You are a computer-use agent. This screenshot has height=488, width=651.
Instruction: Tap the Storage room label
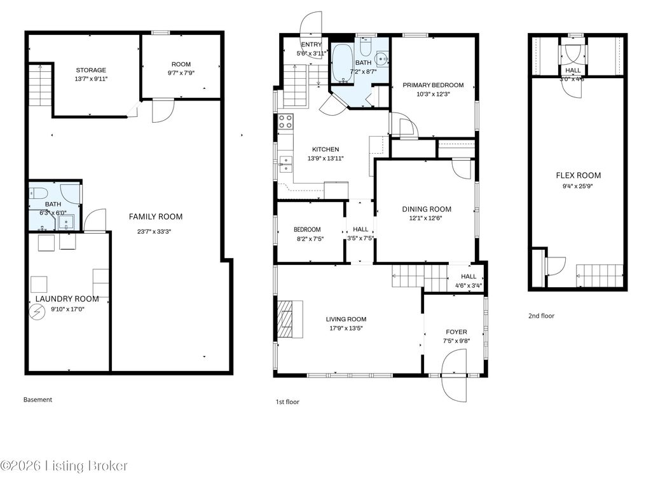[x=91, y=70]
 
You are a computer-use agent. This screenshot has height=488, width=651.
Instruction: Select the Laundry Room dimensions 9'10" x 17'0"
[x=67, y=309]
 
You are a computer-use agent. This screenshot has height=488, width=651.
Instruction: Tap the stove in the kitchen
[x=285, y=121]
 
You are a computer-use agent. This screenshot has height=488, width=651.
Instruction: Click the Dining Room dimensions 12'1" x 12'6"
[x=426, y=219]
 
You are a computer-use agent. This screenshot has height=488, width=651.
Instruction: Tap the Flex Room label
[x=578, y=175]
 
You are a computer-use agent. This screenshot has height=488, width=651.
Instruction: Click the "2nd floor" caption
[x=541, y=316]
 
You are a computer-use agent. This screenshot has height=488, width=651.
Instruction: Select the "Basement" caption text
[x=38, y=400]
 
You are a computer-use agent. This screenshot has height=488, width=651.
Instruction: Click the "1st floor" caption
[x=287, y=402]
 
